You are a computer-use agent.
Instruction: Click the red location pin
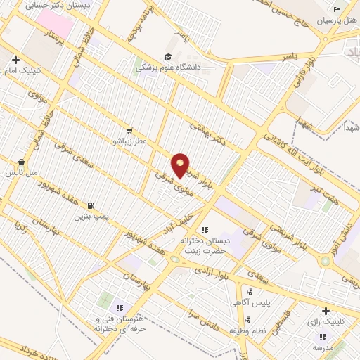click(181, 165)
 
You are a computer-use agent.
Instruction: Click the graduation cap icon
click(167, 57)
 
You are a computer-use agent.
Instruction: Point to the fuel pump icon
click(91, 205)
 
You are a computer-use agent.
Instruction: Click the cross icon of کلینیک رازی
click(325, 311)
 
